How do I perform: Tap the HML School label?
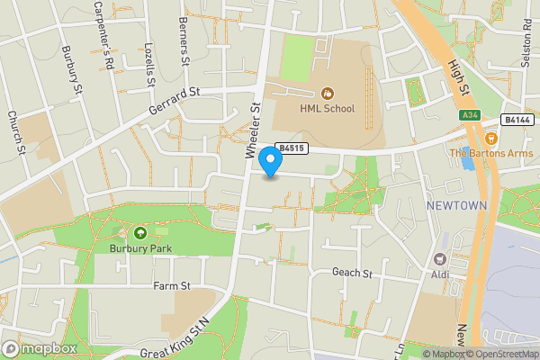328,109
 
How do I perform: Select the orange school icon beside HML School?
328,93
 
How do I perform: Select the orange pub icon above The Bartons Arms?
491,139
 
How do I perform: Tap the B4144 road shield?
517,119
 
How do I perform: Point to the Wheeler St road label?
253,131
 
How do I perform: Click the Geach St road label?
352,273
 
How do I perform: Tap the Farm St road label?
173,286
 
